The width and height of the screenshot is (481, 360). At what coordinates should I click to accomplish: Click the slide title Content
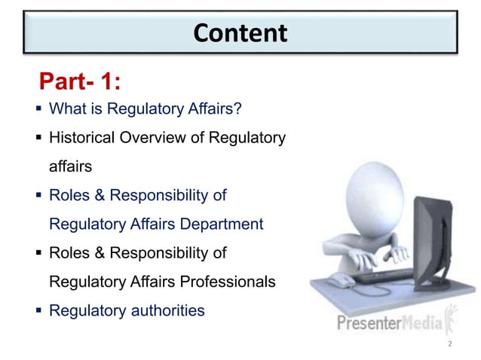click(240, 33)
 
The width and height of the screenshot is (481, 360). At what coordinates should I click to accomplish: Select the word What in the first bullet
click(66, 110)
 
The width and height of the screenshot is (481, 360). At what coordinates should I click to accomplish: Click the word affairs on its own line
click(70, 167)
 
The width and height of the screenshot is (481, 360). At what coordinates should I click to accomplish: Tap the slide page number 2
click(450, 343)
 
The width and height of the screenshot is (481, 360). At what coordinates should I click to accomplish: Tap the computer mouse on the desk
click(341, 282)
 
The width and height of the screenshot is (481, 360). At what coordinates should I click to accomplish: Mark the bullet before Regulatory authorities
click(38, 310)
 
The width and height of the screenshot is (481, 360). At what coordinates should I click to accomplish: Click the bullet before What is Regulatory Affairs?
click(38, 110)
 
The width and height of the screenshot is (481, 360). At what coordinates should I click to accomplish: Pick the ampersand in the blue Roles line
click(93, 196)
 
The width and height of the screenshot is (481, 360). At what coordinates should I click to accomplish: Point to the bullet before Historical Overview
click(38, 139)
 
